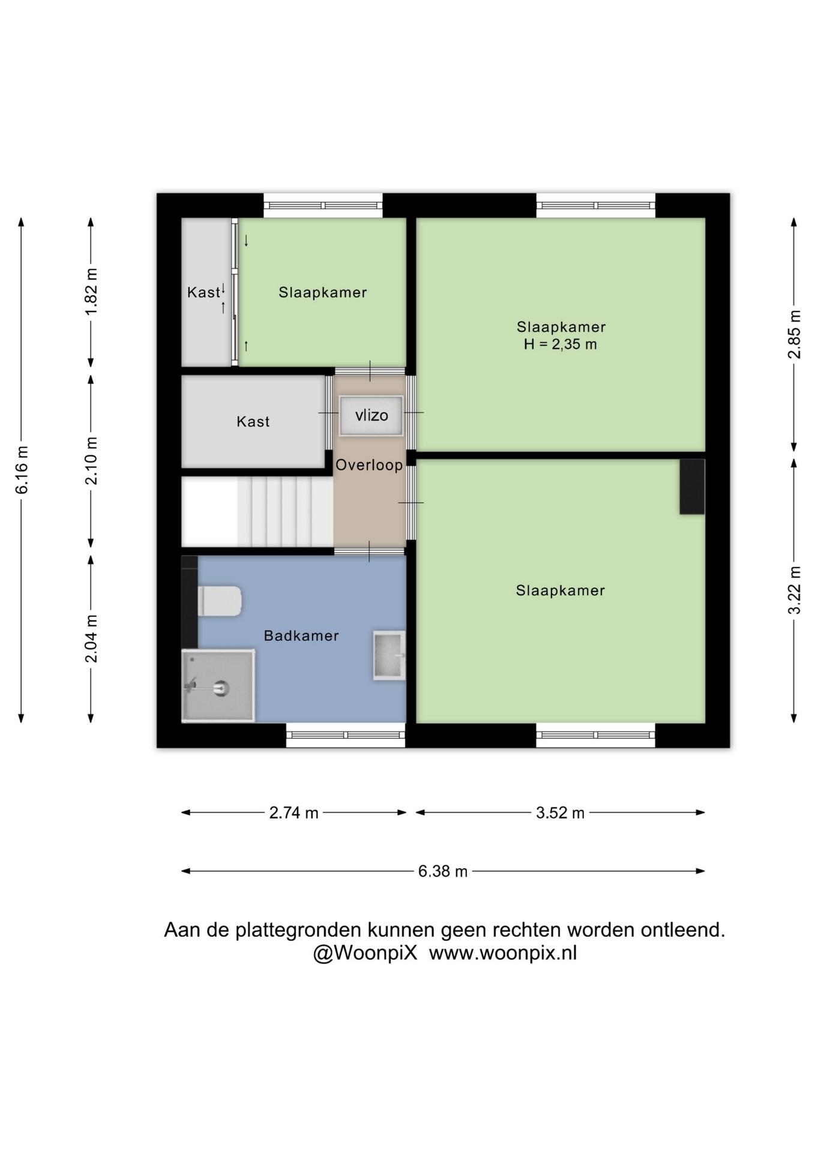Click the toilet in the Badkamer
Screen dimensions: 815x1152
pos(220,601)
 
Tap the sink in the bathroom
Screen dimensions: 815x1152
pos(389,655)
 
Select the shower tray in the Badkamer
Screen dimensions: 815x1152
pos(218,685)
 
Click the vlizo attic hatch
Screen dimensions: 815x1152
pos(371,415)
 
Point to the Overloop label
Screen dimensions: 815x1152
pos(369,465)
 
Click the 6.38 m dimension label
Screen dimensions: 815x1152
pos(443,871)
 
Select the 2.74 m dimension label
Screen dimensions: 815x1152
pos(293,812)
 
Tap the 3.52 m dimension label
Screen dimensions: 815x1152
pos(560,812)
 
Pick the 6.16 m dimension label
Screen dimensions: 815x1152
pos(22,470)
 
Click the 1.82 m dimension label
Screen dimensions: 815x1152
pos(91,292)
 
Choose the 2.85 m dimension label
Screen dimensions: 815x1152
pos(794,334)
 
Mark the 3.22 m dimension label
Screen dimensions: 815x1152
pos(794,590)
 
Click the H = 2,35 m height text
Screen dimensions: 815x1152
pos(561,344)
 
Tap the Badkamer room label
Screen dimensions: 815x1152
pos(301,636)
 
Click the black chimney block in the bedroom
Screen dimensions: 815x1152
pos(692,487)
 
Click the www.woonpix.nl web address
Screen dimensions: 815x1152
pos(503,953)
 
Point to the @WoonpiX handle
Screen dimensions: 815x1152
pos(365,953)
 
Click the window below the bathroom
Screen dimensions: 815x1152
pos(346,735)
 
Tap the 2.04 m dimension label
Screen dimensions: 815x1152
pos(91,638)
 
